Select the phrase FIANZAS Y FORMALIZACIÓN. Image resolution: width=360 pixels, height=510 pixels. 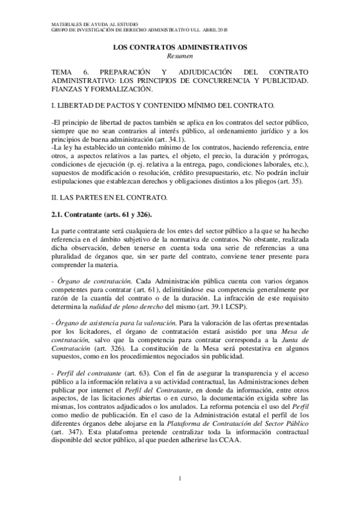point(103,89)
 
